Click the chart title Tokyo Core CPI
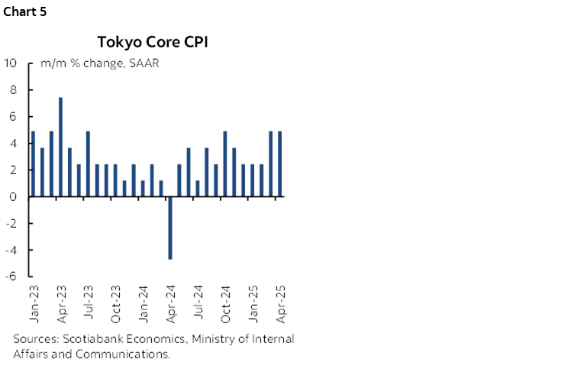(x=152, y=42)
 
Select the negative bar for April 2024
(x=170, y=228)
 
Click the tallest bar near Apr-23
(x=61, y=147)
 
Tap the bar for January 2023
(x=34, y=164)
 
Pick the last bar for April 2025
(x=280, y=164)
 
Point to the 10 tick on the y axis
(x=11, y=63)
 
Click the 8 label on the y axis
(x=15, y=89)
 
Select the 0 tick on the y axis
(x=15, y=196)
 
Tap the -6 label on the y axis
(x=12, y=277)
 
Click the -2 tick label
(x=12, y=223)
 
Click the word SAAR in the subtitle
(x=144, y=63)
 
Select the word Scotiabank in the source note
(x=90, y=338)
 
